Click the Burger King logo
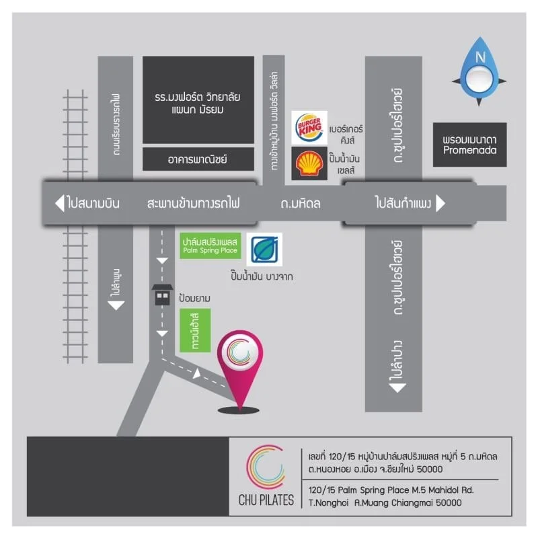309,127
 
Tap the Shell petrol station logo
309,163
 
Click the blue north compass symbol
479,70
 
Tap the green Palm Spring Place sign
210,244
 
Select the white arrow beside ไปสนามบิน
59,202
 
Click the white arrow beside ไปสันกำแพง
441,202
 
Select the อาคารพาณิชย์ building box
198,159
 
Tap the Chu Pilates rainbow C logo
266,467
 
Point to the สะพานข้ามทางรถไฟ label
193,202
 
